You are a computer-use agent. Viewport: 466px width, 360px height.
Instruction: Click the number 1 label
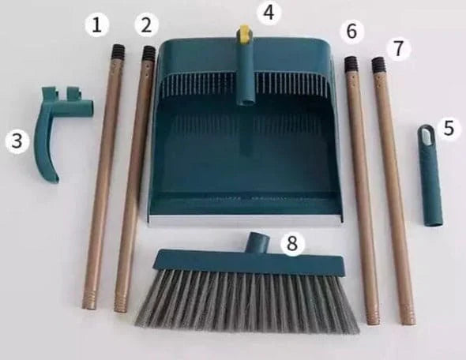[96, 25]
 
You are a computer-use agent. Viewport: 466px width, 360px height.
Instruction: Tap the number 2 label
[145, 25]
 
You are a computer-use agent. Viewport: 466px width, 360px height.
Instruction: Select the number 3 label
[15, 141]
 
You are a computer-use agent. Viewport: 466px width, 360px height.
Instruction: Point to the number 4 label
[269, 12]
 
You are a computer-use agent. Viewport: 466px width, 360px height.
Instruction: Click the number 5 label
[449, 129]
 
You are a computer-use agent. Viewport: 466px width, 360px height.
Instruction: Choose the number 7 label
[399, 48]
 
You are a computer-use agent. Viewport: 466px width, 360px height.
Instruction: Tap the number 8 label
[293, 244]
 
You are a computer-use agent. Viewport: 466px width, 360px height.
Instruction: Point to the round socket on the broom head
[256, 242]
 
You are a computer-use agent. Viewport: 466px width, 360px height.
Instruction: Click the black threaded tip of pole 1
[118, 51]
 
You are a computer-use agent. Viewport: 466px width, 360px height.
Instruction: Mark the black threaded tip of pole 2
[148, 54]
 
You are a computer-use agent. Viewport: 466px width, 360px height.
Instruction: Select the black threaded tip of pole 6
[351, 64]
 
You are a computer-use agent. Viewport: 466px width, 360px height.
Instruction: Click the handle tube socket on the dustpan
[246, 75]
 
